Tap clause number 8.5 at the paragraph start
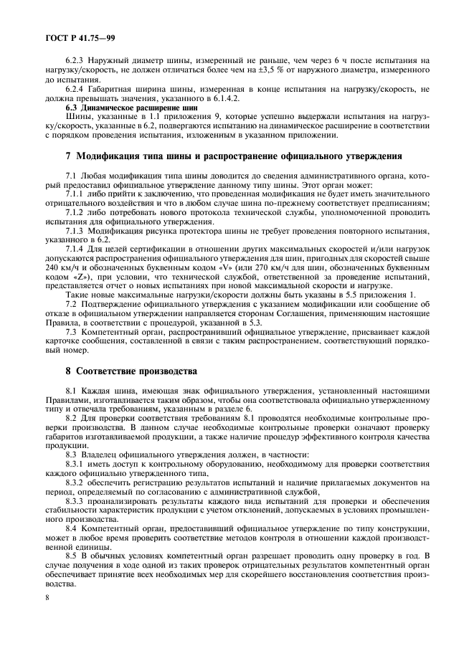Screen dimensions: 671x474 pyautogui.click(x=72, y=556)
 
